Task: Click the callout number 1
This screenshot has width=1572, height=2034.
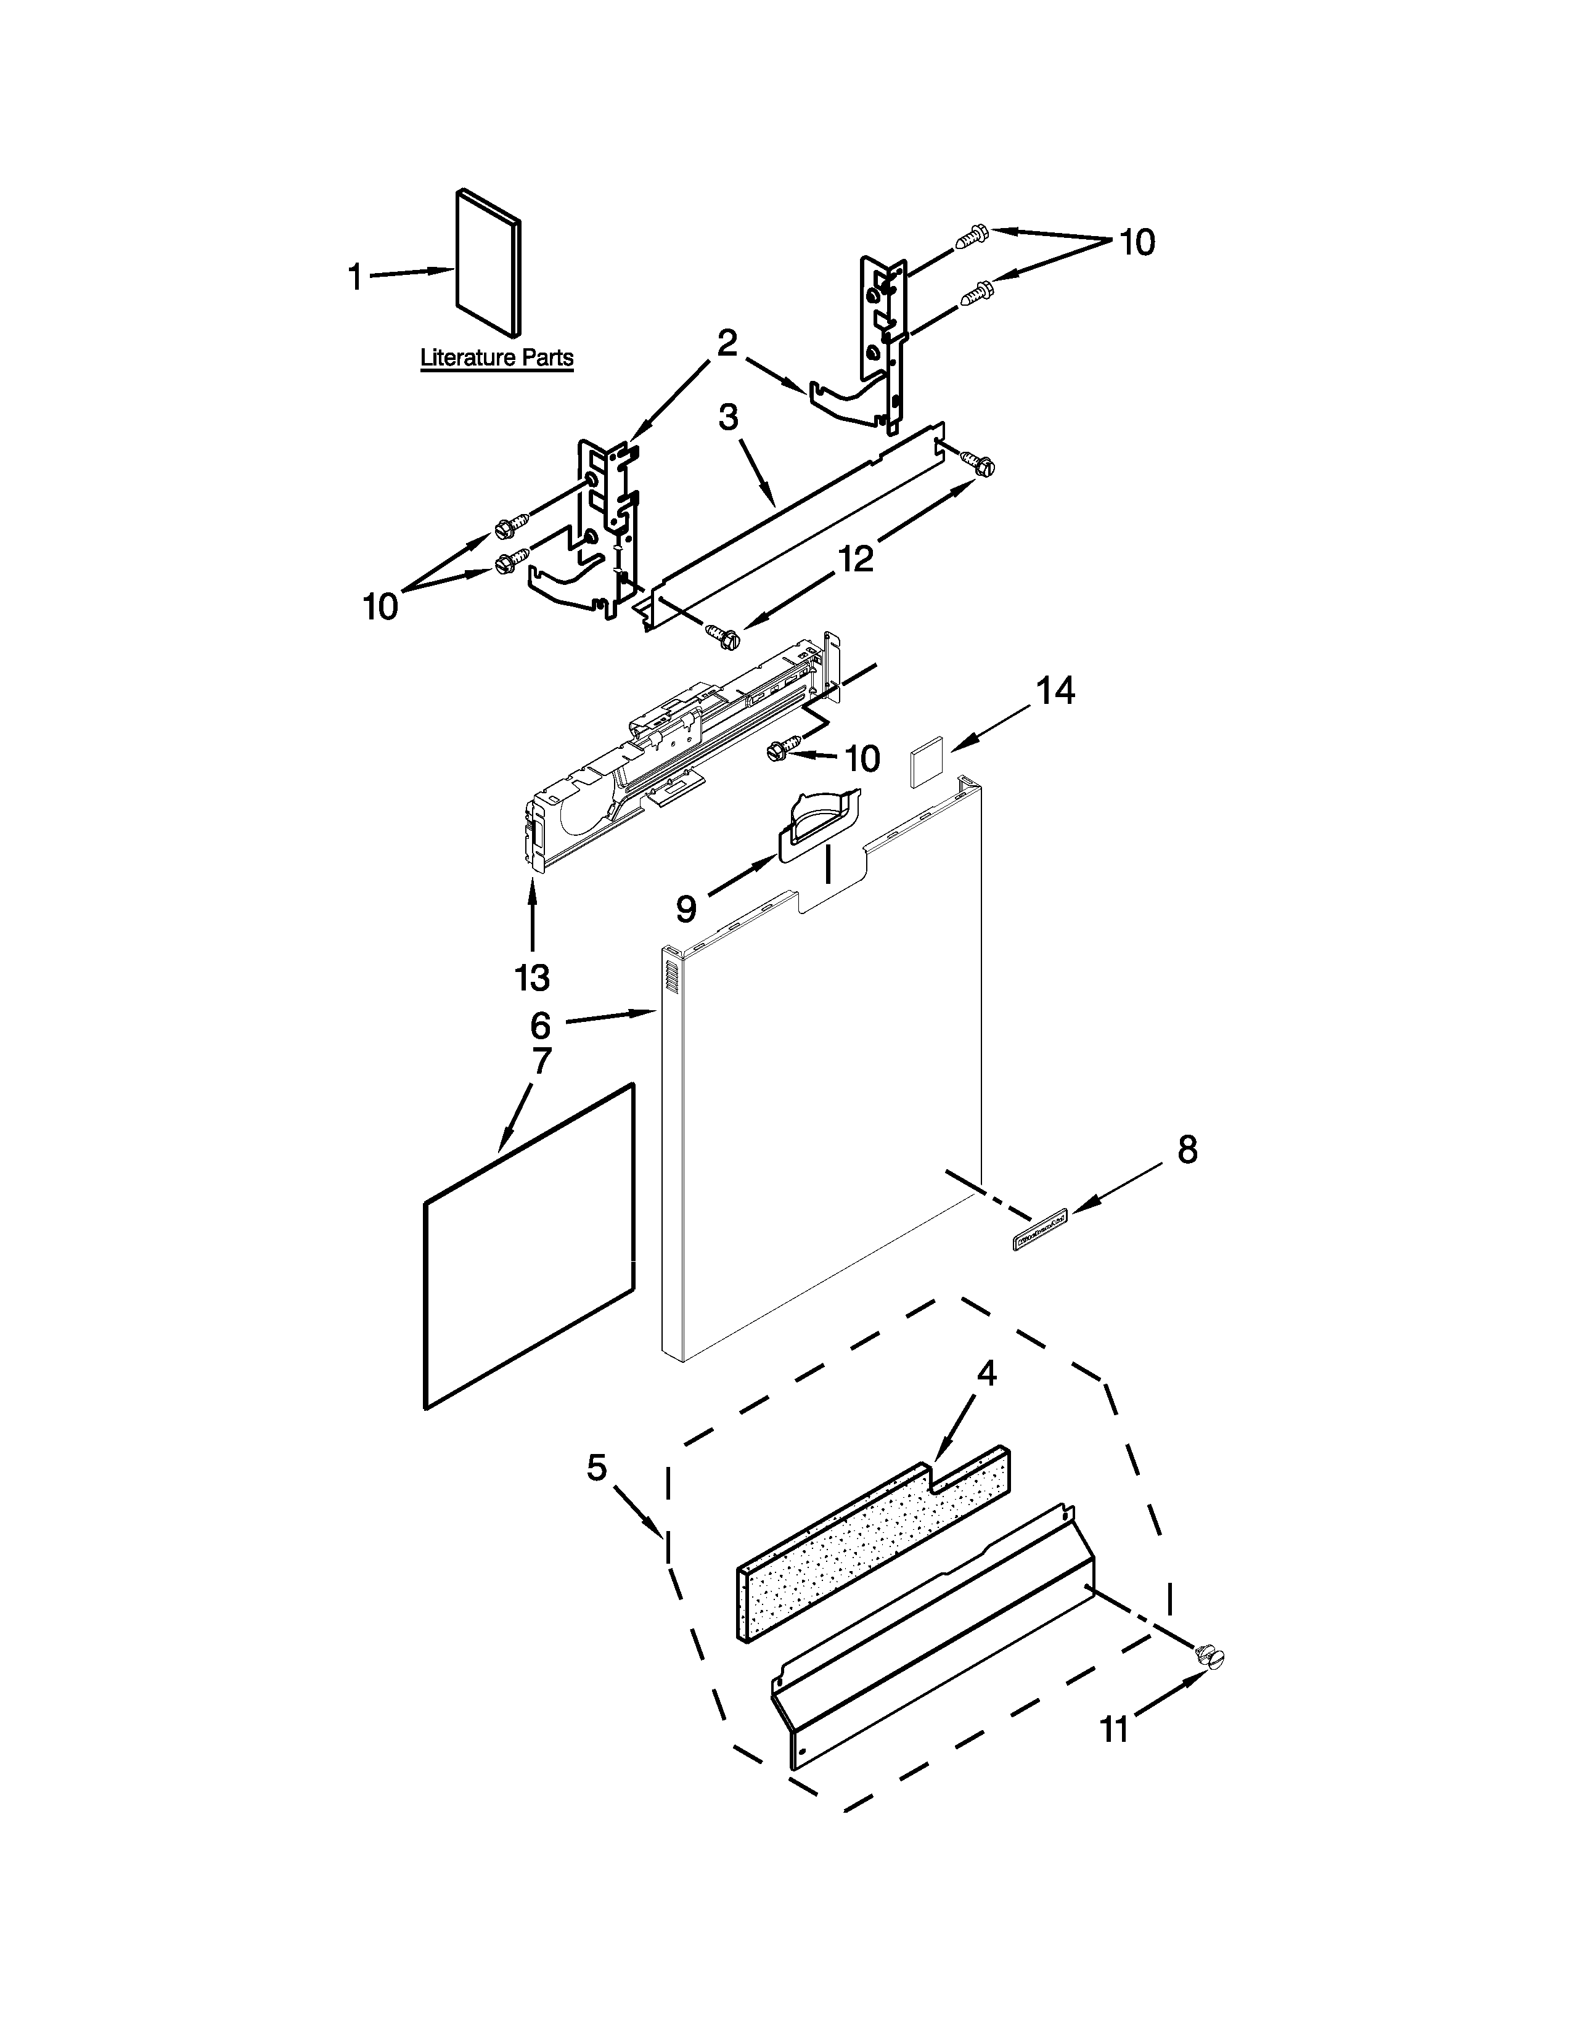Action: [x=355, y=277]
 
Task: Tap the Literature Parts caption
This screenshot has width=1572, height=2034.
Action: [x=496, y=357]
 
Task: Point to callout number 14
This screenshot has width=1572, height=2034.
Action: [x=1056, y=691]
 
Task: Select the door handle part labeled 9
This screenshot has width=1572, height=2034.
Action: [x=817, y=822]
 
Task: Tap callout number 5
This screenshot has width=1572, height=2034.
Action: [x=597, y=1468]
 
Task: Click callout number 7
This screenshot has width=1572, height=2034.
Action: [x=541, y=1061]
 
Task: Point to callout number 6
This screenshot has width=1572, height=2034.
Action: [x=541, y=1026]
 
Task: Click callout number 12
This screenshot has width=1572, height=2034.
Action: [x=856, y=559]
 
